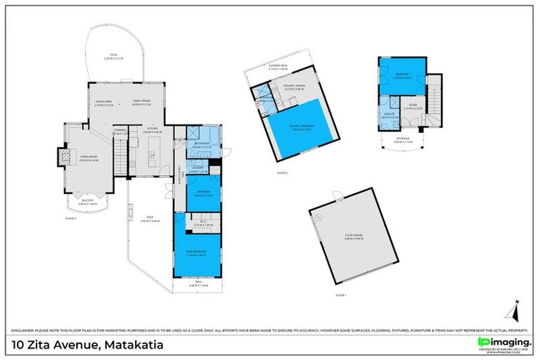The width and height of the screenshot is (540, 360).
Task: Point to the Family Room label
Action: tap(144, 101)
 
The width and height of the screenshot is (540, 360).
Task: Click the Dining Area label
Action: tap(105, 101)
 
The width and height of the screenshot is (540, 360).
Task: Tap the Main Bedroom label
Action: tap(195, 253)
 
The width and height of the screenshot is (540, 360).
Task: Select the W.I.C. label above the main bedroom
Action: tap(196, 223)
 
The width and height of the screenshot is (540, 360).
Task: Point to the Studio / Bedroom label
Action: tap(302, 128)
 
